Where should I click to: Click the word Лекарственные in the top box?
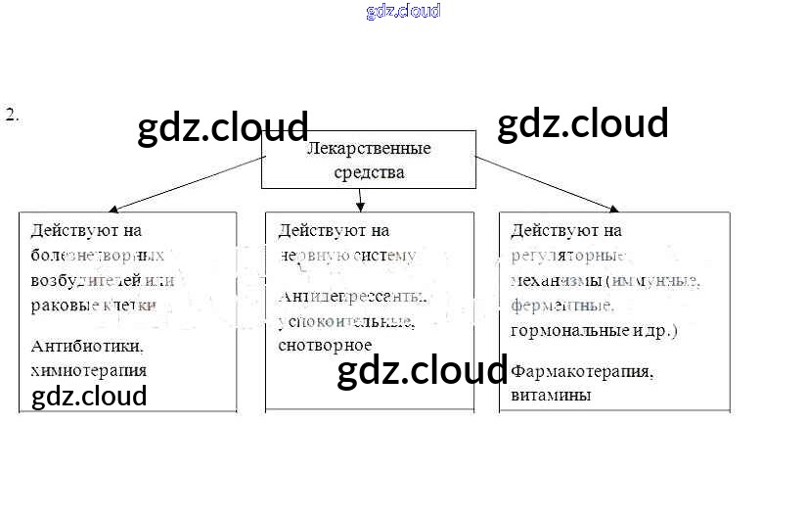tap(369, 149)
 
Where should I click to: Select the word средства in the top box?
tap(368, 172)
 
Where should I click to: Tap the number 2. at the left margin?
tap(13, 115)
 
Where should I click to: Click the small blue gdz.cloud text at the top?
tap(403, 11)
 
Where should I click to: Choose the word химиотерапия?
tap(89, 370)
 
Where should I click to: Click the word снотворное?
tap(325, 345)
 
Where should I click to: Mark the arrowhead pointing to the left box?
tap(113, 209)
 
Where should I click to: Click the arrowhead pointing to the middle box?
tap(361, 207)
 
